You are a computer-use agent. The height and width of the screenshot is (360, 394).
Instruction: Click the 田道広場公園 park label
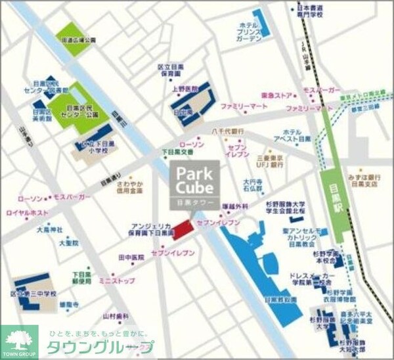(79, 40)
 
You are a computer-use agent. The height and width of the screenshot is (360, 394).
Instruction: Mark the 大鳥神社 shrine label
(49, 230)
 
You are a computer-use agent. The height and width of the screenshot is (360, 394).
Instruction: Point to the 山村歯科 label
(113, 317)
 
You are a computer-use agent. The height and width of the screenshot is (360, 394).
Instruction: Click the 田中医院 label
(131, 258)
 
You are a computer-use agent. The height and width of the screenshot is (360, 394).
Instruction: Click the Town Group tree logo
(19, 340)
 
